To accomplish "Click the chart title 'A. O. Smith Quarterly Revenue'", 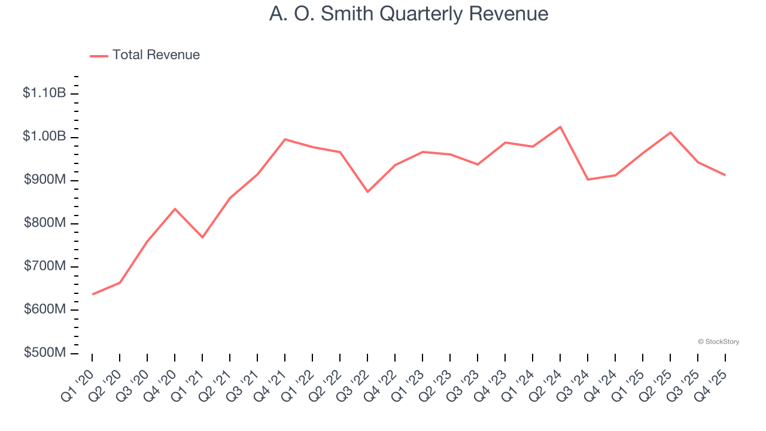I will [x=408, y=14].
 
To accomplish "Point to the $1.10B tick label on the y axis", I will [x=44, y=93].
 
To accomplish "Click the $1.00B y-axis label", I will [x=44, y=136].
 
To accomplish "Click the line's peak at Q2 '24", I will [x=560, y=127].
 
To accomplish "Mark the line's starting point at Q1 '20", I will [x=93, y=294].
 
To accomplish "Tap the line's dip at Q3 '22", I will [x=367, y=192].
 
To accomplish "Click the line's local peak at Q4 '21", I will [x=285, y=139].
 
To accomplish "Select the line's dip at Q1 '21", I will [x=202, y=238].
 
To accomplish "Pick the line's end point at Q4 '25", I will [x=725, y=175].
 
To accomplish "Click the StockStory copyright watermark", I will [x=718, y=342].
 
